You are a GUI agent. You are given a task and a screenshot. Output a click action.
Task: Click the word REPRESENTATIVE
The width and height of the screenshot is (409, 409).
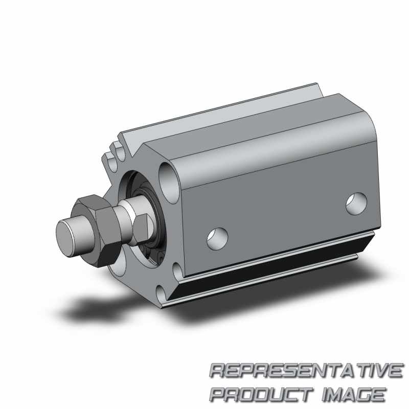[x=306, y=370]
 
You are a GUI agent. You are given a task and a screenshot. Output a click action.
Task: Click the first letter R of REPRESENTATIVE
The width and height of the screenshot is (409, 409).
[x=218, y=370]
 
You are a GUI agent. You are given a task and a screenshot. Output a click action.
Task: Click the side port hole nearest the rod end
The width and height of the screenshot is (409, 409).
[x=217, y=239]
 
